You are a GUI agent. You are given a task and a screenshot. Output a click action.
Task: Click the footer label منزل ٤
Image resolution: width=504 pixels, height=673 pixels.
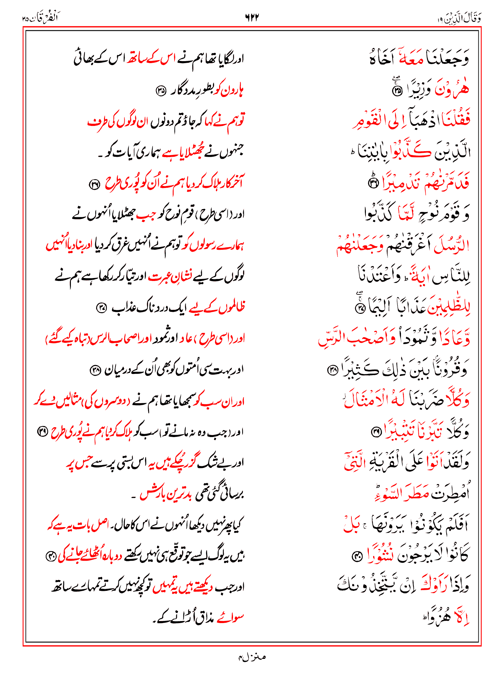252,657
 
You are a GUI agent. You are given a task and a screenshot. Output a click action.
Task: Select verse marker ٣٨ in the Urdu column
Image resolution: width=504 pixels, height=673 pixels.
95,370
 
